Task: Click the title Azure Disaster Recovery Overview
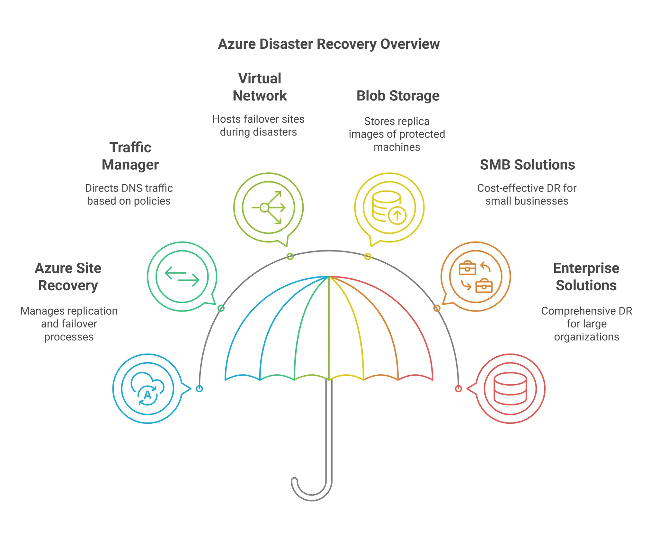[x=329, y=44]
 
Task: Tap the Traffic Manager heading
[x=130, y=156]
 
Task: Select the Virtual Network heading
[x=260, y=87]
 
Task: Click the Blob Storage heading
[x=398, y=96]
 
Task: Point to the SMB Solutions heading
[x=527, y=165]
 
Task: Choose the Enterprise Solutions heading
[x=586, y=277]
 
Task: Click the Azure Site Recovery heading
[x=68, y=277]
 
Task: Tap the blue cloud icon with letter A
[x=147, y=389]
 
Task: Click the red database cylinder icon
[x=510, y=389]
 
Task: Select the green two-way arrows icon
[x=182, y=277]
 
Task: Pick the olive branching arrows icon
[x=268, y=208]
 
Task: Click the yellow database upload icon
[x=389, y=208]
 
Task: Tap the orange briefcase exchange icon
[x=476, y=277]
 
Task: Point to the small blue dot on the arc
[x=199, y=389]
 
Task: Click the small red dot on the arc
[x=458, y=389]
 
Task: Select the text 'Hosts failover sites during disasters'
[x=258, y=126]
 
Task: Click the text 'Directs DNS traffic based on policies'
[x=129, y=195]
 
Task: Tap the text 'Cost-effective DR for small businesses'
[x=527, y=195]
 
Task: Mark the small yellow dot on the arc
[x=368, y=256]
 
